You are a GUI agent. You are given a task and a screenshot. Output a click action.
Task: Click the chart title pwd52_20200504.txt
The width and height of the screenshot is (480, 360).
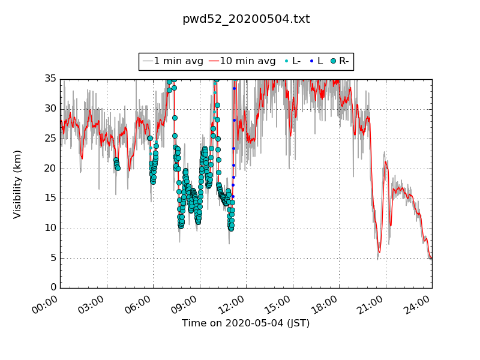pyautogui.click(x=246, y=19)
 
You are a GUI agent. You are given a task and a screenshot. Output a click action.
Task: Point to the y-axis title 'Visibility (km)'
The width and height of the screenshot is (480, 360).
pyautogui.click(x=17, y=184)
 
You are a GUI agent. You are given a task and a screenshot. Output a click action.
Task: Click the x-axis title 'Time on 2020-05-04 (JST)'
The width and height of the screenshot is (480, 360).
pyautogui.click(x=246, y=323)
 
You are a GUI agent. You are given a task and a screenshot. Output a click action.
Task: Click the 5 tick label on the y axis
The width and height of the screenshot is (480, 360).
pyautogui.click(x=52, y=258)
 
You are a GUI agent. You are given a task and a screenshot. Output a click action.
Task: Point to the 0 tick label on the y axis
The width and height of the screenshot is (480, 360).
pyautogui.click(x=52, y=288)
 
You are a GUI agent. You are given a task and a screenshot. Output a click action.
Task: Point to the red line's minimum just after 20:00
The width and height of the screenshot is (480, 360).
pyautogui.click(x=379, y=252)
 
